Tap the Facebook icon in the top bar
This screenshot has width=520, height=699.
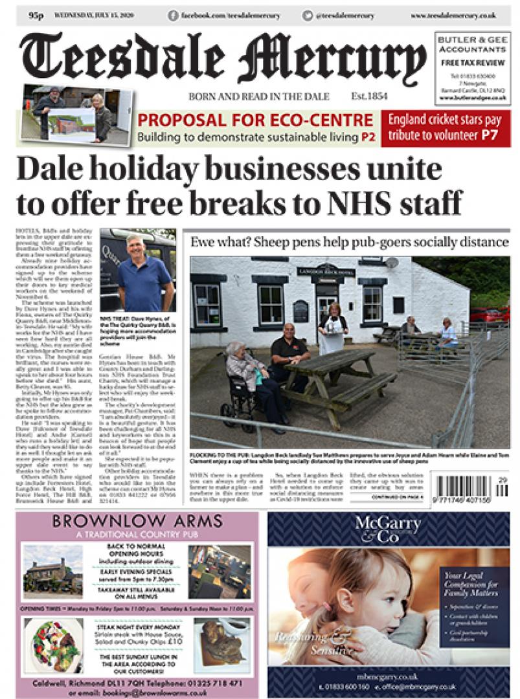173,15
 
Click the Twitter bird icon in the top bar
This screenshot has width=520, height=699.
307,15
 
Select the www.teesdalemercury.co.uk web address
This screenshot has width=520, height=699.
462,15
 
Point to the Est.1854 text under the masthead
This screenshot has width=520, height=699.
369,96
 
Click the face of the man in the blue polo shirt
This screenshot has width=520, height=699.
135,247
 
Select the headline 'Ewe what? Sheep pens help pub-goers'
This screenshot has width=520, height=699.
350,242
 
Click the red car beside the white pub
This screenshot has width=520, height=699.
484,315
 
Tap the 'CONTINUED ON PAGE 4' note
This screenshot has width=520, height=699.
397,497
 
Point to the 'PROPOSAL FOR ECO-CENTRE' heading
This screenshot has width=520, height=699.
255,120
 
